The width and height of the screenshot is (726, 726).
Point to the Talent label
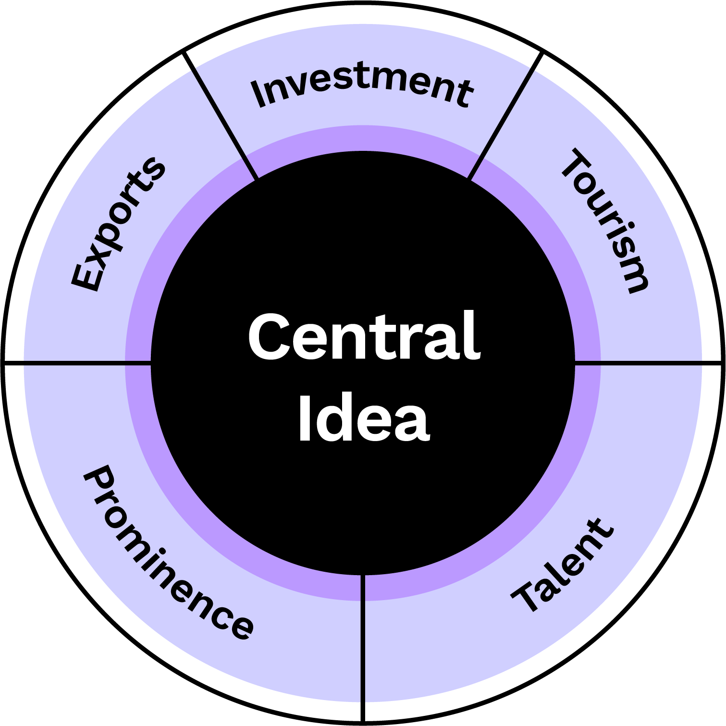(x=562, y=566)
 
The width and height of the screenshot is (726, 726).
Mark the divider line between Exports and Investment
(x=221, y=115)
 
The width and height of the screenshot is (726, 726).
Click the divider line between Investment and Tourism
(x=505, y=116)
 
